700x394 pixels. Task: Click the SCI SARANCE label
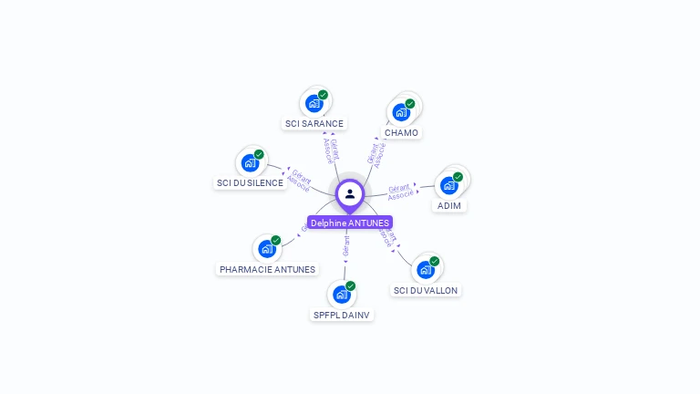314,124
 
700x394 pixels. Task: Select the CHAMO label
401,133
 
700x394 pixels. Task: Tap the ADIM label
449,206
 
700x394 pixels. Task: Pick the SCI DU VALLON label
426,290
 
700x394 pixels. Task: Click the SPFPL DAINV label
342,315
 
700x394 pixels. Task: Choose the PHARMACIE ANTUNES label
267,270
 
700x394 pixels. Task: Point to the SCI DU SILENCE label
250,183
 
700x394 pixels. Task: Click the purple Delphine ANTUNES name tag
350,223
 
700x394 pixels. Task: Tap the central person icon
350,193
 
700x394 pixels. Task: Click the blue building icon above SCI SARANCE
314,103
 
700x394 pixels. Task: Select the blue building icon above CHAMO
401,112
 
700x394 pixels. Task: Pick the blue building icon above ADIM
448,185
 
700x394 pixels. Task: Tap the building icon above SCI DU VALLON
425,270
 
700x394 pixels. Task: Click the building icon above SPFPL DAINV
341,295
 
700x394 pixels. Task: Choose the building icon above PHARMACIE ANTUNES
266,249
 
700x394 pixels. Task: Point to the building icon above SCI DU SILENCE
250,163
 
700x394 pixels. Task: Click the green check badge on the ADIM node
458,177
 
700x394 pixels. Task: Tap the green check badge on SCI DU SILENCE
259,155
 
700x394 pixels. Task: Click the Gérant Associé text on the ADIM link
400,192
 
